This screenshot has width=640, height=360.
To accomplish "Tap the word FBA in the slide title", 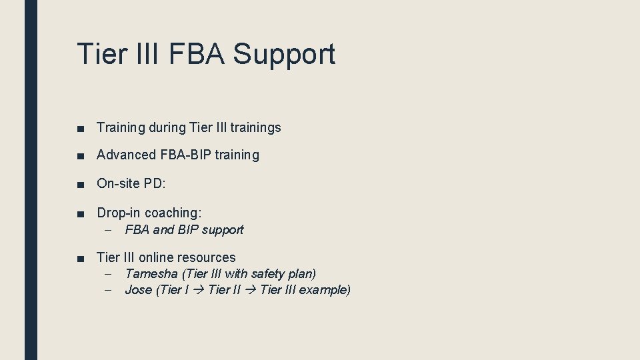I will [195, 53].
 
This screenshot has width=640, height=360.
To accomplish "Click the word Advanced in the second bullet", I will [125, 155].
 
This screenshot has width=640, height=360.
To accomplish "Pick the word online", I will [157, 257].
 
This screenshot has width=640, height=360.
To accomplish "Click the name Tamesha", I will [151, 274].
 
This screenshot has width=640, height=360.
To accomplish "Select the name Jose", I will [138, 290].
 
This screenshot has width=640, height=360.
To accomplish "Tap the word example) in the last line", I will [325, 290].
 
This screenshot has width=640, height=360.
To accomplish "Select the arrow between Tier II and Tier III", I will [251, 290].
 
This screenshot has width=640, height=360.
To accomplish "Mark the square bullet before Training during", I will [80, 128].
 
